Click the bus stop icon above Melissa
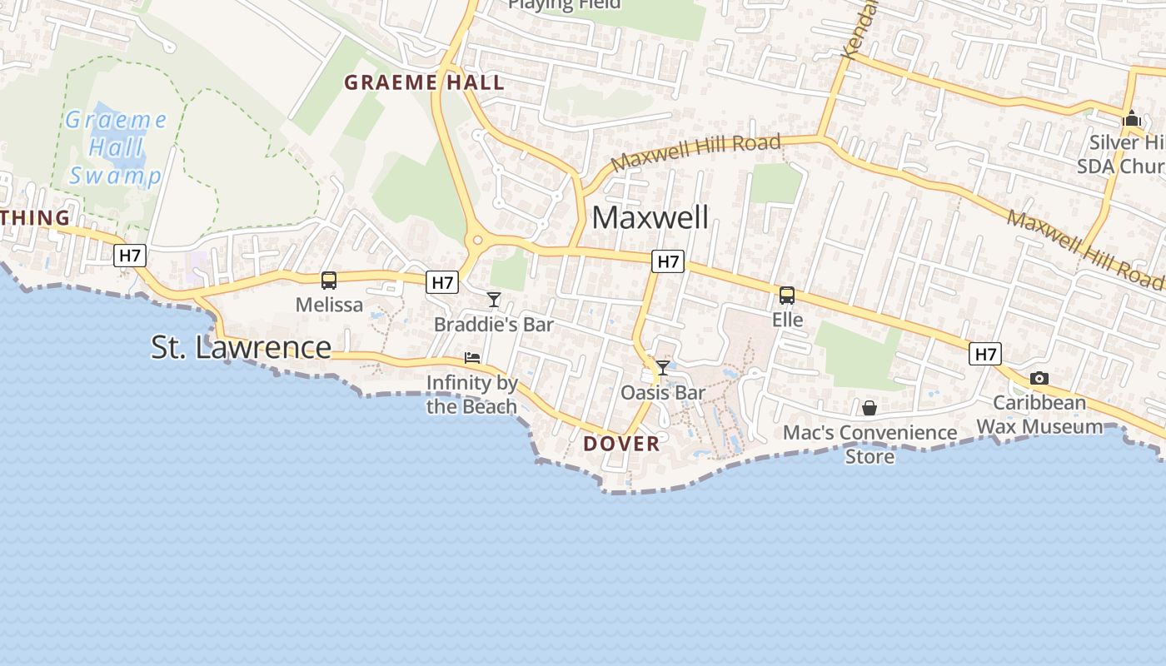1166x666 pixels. click(329, 281)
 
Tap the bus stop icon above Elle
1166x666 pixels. click(787, 296)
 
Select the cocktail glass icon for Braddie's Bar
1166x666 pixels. click(494, 300)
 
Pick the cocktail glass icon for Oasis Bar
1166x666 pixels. click(663, 368)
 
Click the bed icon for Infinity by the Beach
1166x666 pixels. click(472, 358)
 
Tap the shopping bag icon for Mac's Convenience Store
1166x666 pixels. click(870, 408)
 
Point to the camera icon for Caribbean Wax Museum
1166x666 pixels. click(1039, 379)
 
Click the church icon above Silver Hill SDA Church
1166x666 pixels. click(1131, 118)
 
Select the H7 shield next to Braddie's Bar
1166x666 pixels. click(443, 282)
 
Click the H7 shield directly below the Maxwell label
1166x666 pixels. click(668, 262)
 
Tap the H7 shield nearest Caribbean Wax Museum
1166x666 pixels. click(985, 354)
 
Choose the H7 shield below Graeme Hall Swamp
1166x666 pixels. click(130, 256)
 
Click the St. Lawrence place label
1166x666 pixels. click(241, 347)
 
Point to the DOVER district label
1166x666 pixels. click(621, 444)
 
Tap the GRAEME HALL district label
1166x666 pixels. click(424, 82)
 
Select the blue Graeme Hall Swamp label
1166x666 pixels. click(116, 148)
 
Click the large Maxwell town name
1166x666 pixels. click(650, 218)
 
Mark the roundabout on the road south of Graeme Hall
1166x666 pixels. click(477, 241)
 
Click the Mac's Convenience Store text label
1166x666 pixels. click(870, 444)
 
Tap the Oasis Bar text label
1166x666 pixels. click(663, 392)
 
